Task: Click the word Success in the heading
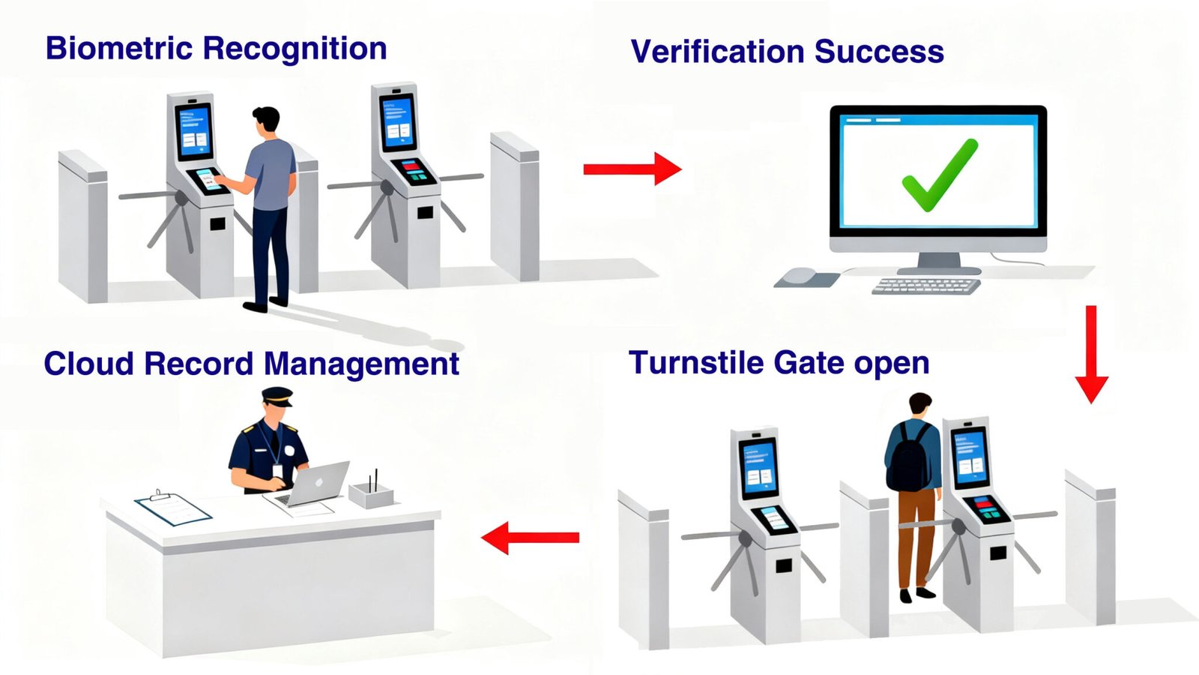coord(879,52)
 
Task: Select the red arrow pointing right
coord(632,169)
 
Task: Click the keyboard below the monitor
coord(926,286)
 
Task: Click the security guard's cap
coord(277,396)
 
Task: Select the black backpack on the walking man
coord(909,458)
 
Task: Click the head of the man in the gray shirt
coord(266,121)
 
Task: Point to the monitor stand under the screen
coord(939,263)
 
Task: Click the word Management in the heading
coord(361,364)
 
